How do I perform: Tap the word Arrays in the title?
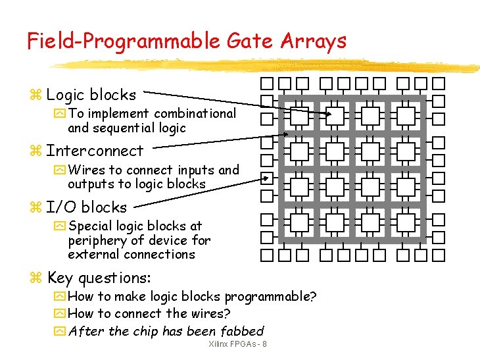click(314, 41)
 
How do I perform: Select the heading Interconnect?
click(95, 151)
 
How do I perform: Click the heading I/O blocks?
click(86, 207)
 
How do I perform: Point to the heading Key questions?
click(99, 278)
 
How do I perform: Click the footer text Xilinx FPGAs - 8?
click(237, 345)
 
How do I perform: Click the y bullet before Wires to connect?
click(59, 170)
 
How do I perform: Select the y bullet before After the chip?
click(59, 332)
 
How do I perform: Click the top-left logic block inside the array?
click(300, 116)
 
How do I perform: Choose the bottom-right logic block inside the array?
click(406, 223)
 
